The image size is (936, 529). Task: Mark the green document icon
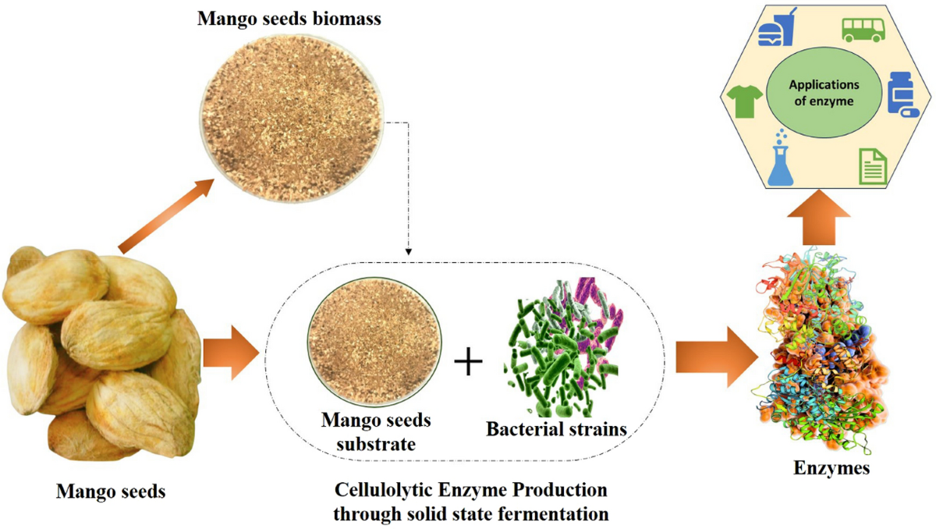[872, 166]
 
